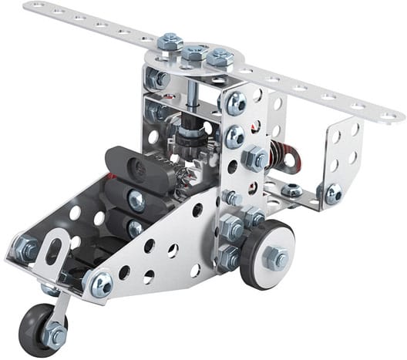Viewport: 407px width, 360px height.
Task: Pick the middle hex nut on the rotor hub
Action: [x=193, y=53]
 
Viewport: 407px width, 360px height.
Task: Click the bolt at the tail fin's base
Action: [x=332, y=195]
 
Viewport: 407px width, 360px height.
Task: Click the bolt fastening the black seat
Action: [x=136, y=201]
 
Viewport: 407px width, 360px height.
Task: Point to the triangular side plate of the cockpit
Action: [x=170, y=247]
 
